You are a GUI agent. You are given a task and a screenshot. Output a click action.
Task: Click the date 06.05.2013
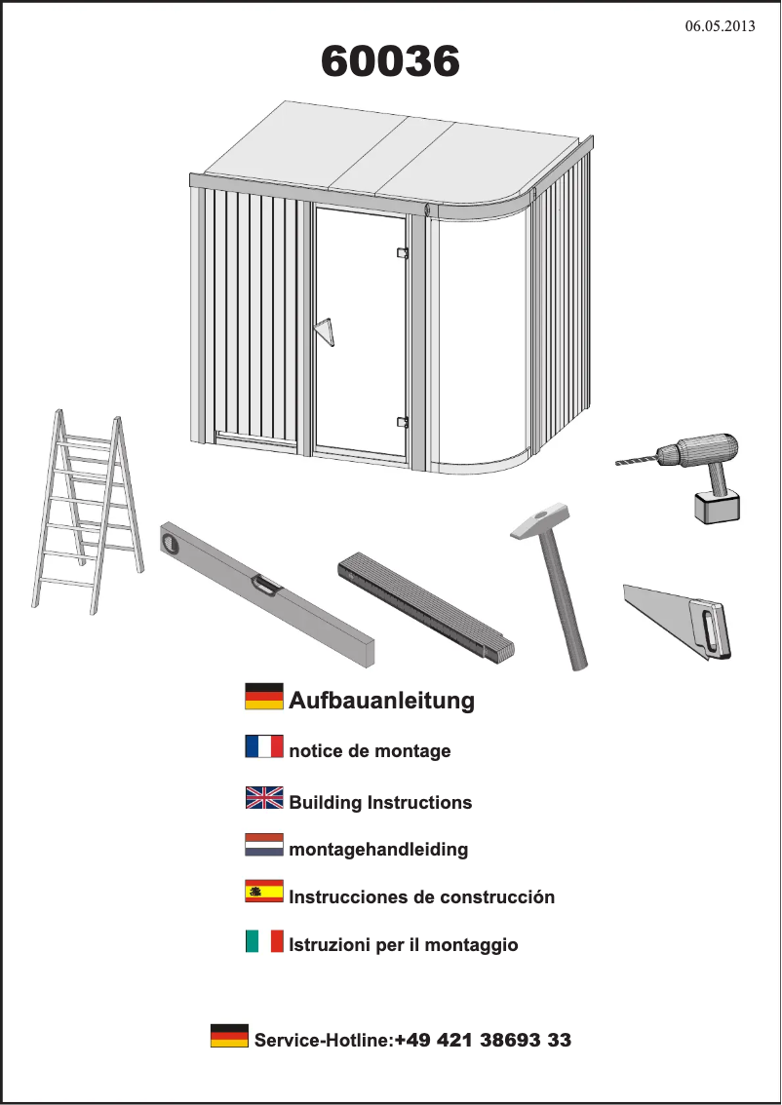click(720, 26)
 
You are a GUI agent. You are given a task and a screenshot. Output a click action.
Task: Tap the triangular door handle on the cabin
click(325, 331)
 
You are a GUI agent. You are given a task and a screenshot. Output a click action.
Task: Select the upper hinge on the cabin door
click(401, 252)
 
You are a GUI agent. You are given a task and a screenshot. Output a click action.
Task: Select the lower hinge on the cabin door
click(401, 422)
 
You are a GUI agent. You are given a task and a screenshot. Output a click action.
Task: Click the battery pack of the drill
click(716, 507)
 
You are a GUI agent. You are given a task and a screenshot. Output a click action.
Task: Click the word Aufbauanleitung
click(381, 700)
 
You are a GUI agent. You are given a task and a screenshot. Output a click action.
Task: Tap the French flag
click(264, 747)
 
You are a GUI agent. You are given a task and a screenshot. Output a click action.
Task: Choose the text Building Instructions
click(380, 803)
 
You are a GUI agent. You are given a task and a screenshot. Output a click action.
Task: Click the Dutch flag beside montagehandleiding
click(264, 845)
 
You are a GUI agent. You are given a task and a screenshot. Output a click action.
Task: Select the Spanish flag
click(264, 892)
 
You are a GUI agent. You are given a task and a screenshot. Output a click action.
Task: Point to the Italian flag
click(264, 941)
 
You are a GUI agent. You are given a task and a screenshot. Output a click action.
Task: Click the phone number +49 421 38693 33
click(483, 1040)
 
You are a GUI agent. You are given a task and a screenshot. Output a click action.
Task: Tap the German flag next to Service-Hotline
click(229, 1036)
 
